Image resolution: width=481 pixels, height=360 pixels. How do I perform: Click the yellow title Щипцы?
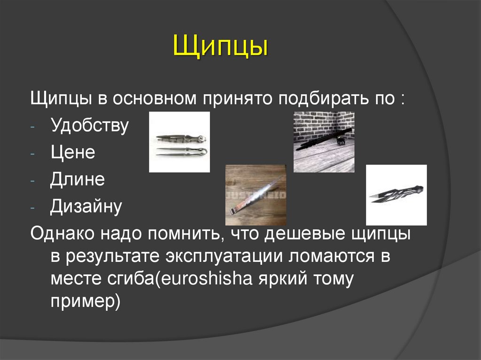[220, 49]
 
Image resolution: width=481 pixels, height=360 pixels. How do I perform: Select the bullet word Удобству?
[89, 126]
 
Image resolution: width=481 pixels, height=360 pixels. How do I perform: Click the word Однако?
[62, 233]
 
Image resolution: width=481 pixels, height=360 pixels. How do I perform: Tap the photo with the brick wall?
[324, 142]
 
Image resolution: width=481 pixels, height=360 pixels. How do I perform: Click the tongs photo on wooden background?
[255, 195]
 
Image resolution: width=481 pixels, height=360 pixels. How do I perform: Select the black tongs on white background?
[396, 195]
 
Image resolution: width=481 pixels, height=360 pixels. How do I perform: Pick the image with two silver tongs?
[179, 142]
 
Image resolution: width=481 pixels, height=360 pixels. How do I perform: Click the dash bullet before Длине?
[39, 181]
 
